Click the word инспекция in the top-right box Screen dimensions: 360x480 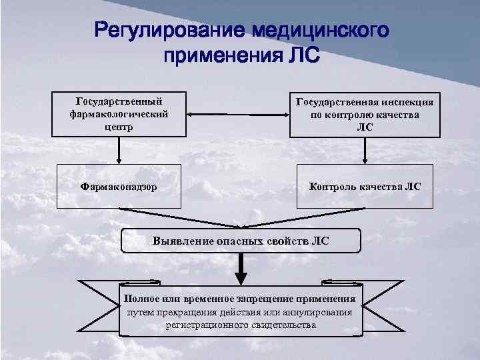click(x=404, y=102)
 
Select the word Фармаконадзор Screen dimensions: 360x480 click(x=119, y=187)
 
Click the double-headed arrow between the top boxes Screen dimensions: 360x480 click(x=238, y=114)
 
